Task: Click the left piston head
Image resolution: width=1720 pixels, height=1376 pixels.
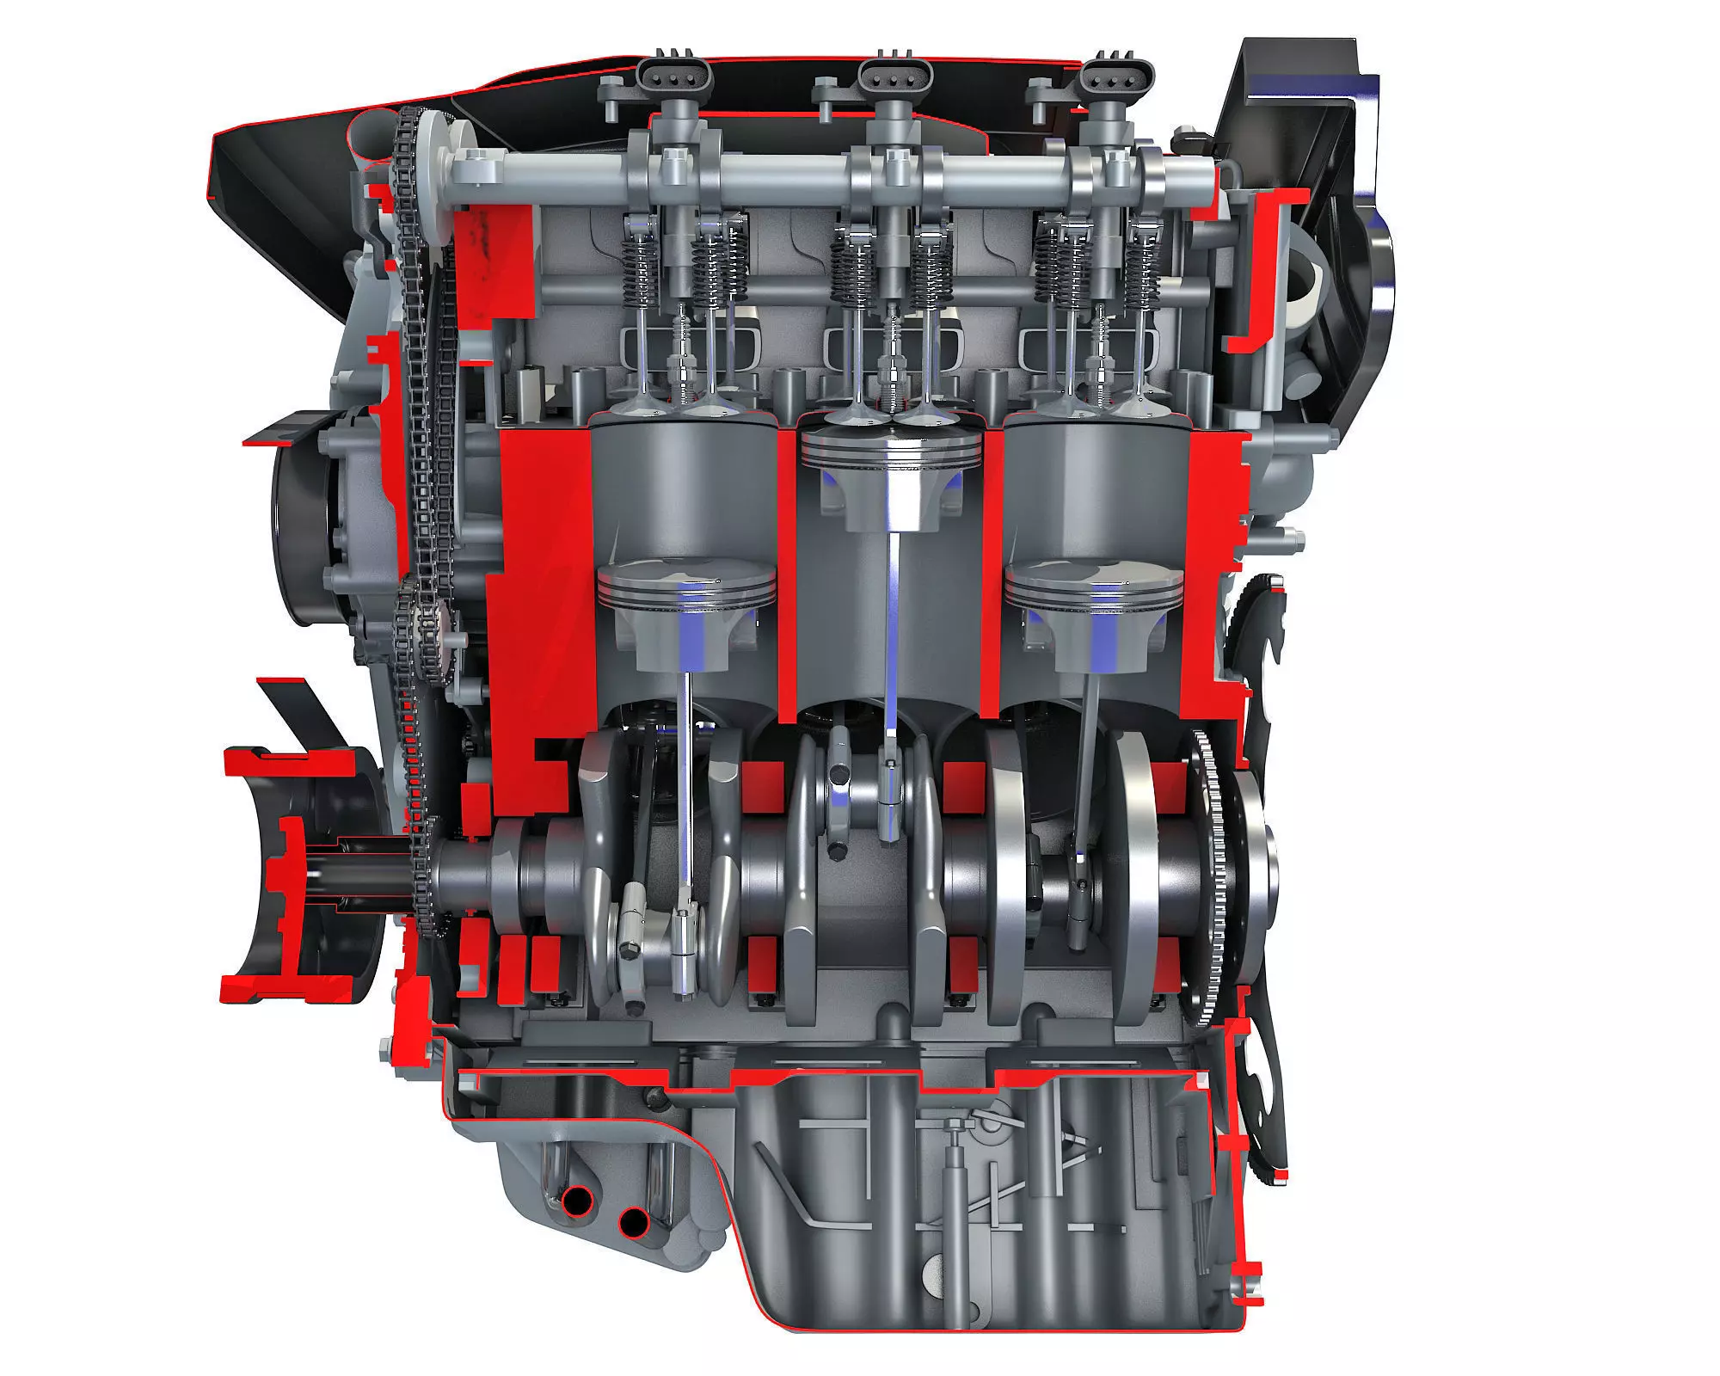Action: pyautogui.click(x=685, y=585)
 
